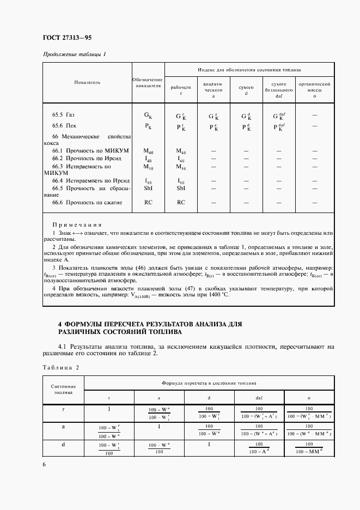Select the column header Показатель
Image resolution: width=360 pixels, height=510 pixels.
[x=87, y=82]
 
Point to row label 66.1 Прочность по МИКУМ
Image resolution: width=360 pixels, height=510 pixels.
[x=82, y=150]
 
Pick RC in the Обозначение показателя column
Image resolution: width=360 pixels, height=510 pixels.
[x=148, y=202]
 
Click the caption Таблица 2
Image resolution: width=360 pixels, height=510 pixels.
[x=60, y=367]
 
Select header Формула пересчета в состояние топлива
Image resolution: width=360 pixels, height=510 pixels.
[x=209, y=383]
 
